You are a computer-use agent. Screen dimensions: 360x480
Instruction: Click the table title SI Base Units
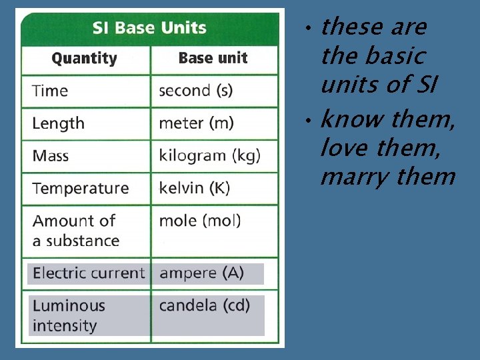pyautogui.click(x=149, y=28)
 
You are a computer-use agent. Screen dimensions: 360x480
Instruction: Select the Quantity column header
pyautogui.click(x=84, y=59)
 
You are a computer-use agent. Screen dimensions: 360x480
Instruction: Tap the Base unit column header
pyautogui.click(x=213, y=59)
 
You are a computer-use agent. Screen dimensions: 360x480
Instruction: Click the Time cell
pyautogui.click(x=50, y=91)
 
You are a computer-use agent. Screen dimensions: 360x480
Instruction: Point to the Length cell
pyautogui.click(x=59, y=123)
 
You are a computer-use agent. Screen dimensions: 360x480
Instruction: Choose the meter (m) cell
pyautogui.click(x=196, y=123)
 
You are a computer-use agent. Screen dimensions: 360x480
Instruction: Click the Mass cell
pyautogui.click(x=51, y=156)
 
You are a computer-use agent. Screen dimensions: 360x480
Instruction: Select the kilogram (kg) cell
pyautogui.click(x=209, y=156)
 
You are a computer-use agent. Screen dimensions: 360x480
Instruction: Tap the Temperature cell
pyautogui.click(x=81, y=189)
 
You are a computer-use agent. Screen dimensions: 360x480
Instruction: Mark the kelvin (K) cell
pyautogui.click(x=194, y=189)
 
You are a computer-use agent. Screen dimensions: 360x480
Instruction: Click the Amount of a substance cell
pyautogui.click(x=75, y=231)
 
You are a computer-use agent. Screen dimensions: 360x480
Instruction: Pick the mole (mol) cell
pyautogui.click(x=199, y=221)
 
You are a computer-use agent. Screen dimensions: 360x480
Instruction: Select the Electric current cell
pyautogui.click(x=88, y=273)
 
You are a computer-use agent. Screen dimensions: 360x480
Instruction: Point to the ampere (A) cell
pyautogui.click(x=201, y=273)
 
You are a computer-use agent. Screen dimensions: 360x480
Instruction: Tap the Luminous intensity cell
pyautogui.click(x=69, y=316)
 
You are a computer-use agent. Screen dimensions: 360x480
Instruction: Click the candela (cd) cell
pyautogui.click(x=204, y=306)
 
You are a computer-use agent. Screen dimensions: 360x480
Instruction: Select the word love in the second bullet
pyautogui.click(x=345, y=148)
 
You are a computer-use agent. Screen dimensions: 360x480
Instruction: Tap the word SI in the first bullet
pyautogui.click(x=427, y=85)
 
